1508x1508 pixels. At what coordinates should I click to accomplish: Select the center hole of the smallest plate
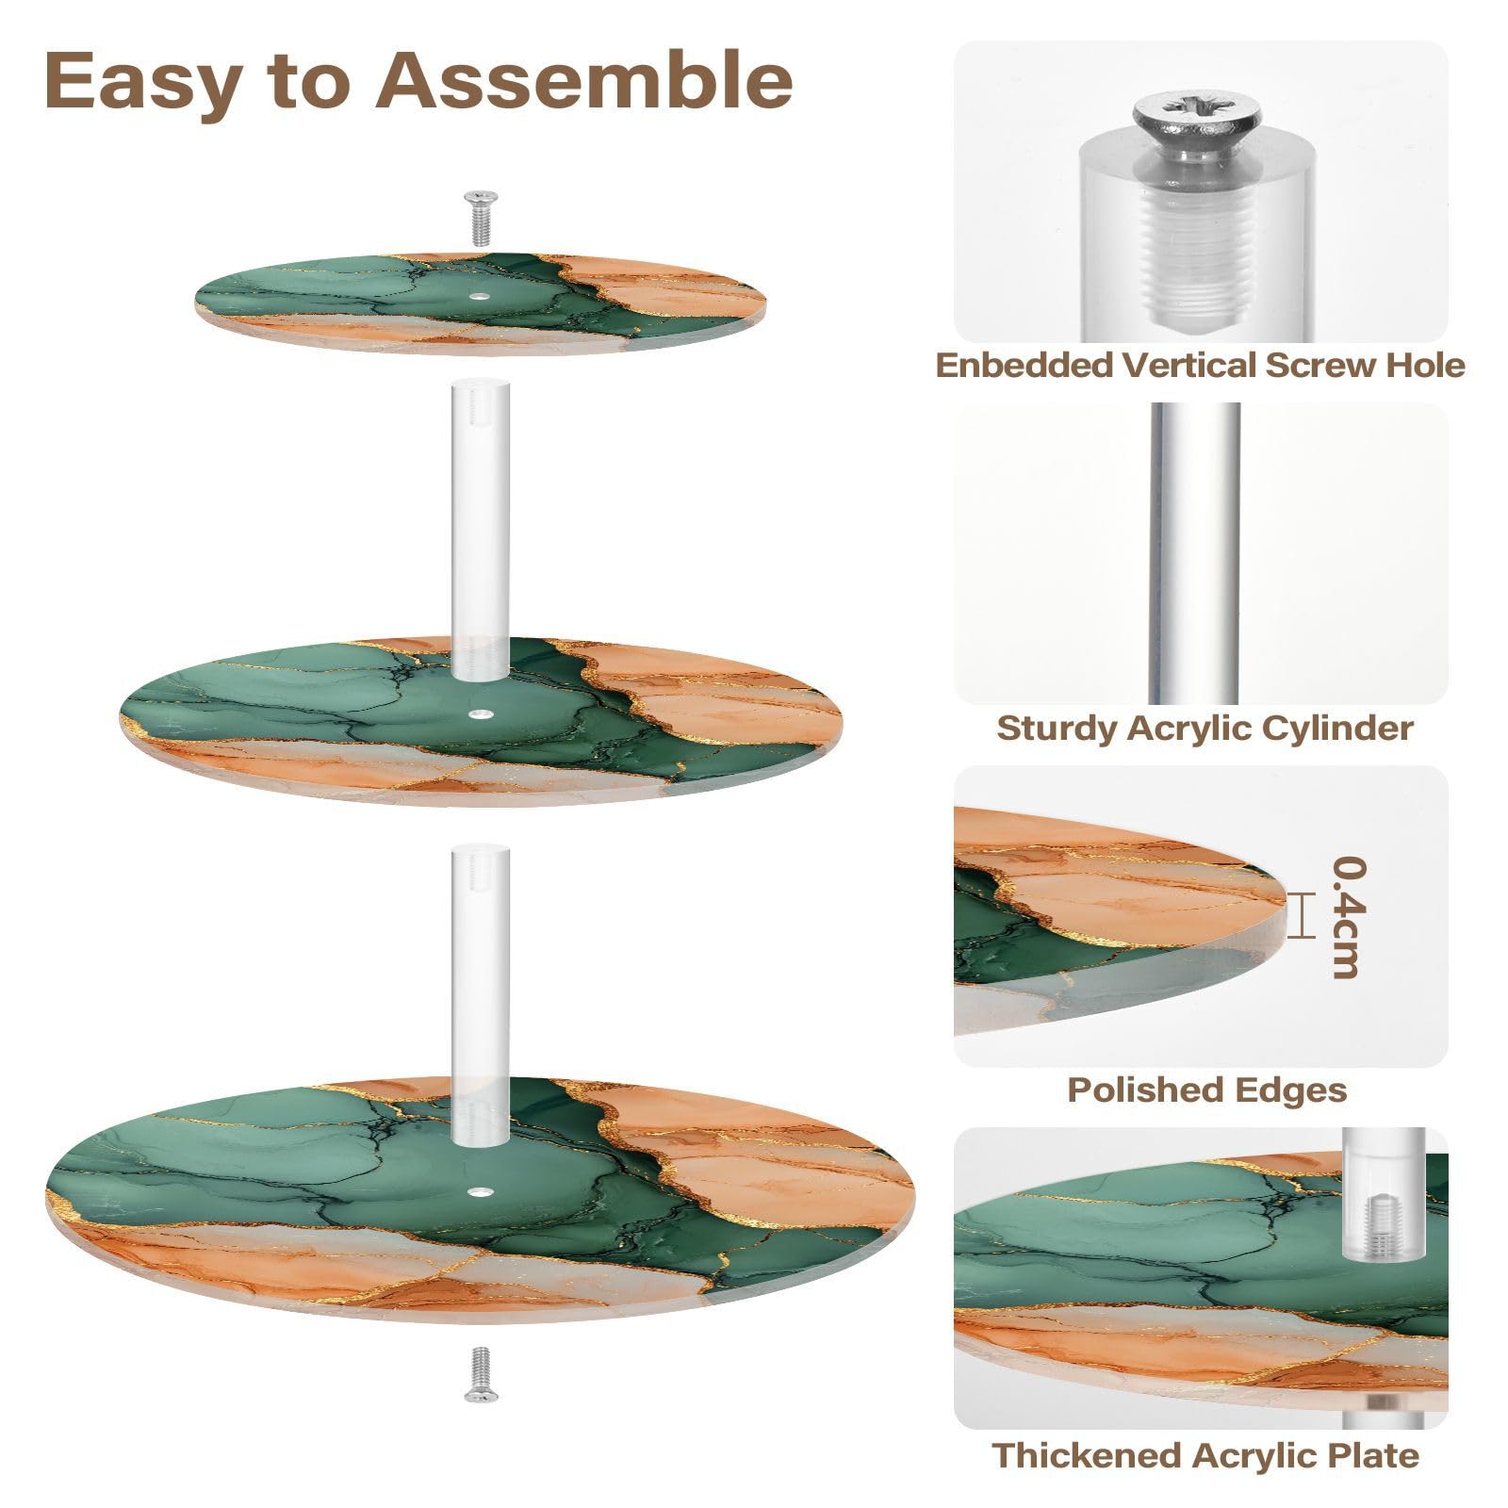coord(482,297)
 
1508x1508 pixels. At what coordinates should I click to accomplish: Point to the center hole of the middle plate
coord(482,716)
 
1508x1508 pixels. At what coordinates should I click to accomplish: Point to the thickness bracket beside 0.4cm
coord(1302,915)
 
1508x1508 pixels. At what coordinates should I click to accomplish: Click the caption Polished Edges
coord(1206,1090)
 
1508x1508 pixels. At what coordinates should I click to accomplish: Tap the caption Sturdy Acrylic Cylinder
coord(1205,728)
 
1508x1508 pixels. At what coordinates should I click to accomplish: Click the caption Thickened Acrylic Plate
coord(1205,1454)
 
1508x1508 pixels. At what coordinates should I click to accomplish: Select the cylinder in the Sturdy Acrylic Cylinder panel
coord(1195,553)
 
